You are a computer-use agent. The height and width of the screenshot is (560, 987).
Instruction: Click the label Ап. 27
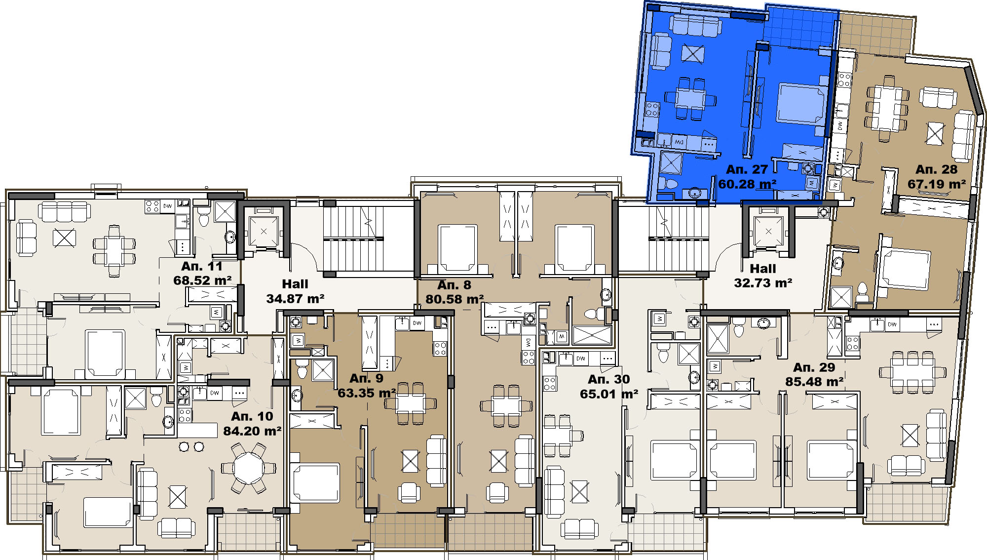pyautogui.click(x=747, y=169)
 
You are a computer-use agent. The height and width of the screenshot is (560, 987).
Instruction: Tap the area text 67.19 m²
pyautogui.click(x=937, y=184)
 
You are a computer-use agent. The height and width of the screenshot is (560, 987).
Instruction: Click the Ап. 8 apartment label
pyautogui.click(x=454, y=285)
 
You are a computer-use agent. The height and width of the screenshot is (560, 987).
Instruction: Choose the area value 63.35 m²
pyautogui.click(x=367, y=393)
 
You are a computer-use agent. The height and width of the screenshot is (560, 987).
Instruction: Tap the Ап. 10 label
pyautogui.click(x=252, y=416)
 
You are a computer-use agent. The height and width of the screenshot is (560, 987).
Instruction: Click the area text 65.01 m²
pyautogui.click(x=609, y=394)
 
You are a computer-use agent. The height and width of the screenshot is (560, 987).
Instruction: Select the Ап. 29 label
pyautogui.click(x=814, y=367)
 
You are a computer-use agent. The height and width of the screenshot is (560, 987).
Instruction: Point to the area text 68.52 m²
pyautogui.click(x=202, y=280)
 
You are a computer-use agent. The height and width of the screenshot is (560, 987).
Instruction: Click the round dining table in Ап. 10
pyautogui.click(x=249, y=467)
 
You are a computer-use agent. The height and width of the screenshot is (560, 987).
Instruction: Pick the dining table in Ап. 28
pyautogui.click(x=887, y=108)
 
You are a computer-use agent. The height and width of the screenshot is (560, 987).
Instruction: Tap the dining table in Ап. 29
pyautogui.click(x=912, y=372)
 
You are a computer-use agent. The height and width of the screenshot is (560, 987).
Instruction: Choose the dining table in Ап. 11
pyautogui.click(x=114, y=251)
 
